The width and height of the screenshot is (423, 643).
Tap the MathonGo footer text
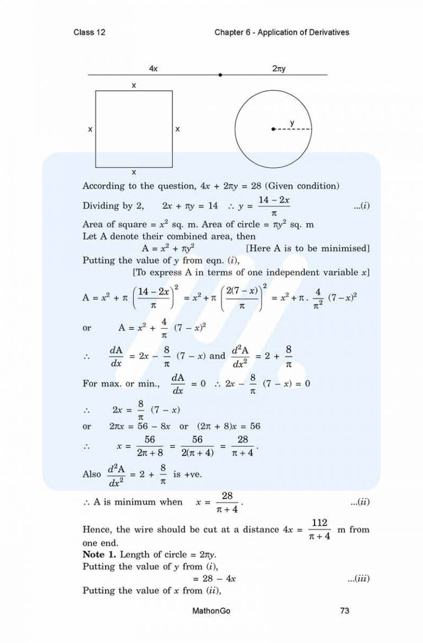pyautogui.click(x=211, y=610)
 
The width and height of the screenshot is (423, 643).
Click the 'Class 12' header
pyautogui.click(x=89, y=32)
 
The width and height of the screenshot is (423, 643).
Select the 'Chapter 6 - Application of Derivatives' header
pyautogui.click(x=282, y=32)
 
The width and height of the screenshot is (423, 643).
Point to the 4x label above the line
pyautogui.click(x=154, y=68)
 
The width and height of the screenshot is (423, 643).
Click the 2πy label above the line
pyautogui.click(x=278, y=68)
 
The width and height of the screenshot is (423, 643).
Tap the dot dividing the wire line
pyautogui.click(x=220, y=74)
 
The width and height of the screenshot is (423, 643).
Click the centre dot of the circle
pyautogui.click(x=273, y=129)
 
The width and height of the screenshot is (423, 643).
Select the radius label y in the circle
pyautogui.click(x=292, y=122)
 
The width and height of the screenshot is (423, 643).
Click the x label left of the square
pyautogui.click(x=90, y=129)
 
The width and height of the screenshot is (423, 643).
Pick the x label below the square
pyautogui.click(x=134, y=172)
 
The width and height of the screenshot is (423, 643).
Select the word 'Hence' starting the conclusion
pyautogui.click(x=96, y=530)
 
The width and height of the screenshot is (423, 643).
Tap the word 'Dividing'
pyautogui.click(x=101, y=206)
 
